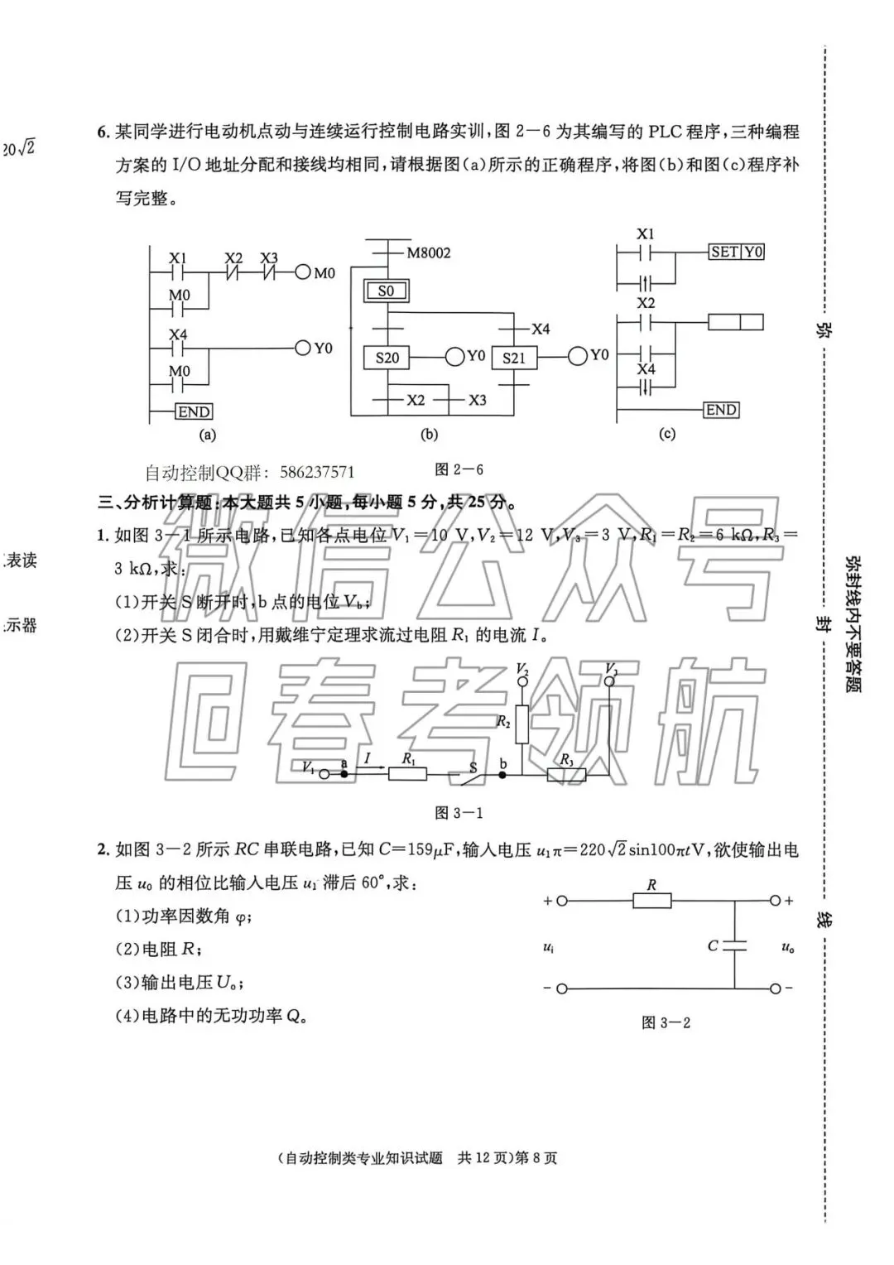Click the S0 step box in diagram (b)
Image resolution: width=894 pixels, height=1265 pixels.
click(386, 291)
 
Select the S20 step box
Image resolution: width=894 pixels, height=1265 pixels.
click(387, 358)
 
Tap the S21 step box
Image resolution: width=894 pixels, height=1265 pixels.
click(514, 358)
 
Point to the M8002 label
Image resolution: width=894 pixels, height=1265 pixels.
click(428, 253)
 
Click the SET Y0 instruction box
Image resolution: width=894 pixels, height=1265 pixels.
click(736, 252)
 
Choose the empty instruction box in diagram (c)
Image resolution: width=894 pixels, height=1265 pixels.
click(736, 322)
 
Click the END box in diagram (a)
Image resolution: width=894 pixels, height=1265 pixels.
click(194, 411)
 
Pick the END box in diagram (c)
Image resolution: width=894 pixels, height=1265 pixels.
click(721, 410)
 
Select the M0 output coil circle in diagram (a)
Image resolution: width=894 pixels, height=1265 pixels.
click(302, 272)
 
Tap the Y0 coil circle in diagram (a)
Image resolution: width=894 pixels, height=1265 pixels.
click(303, 349)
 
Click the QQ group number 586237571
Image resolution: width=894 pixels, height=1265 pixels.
click(317, 473)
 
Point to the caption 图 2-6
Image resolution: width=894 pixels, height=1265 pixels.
click(459, 469)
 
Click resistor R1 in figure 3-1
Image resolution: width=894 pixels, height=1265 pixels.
click(408, 774)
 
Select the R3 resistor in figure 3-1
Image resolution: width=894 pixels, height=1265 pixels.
click(567, 775)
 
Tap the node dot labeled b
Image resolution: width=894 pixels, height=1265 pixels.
click(502, 775)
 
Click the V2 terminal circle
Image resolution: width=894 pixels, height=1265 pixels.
click(522, 681)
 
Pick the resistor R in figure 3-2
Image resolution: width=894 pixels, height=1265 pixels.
click(651, 901)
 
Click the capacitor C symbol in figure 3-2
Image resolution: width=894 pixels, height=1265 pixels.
click(734, 945)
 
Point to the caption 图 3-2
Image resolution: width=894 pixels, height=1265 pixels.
click(666, 1022)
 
